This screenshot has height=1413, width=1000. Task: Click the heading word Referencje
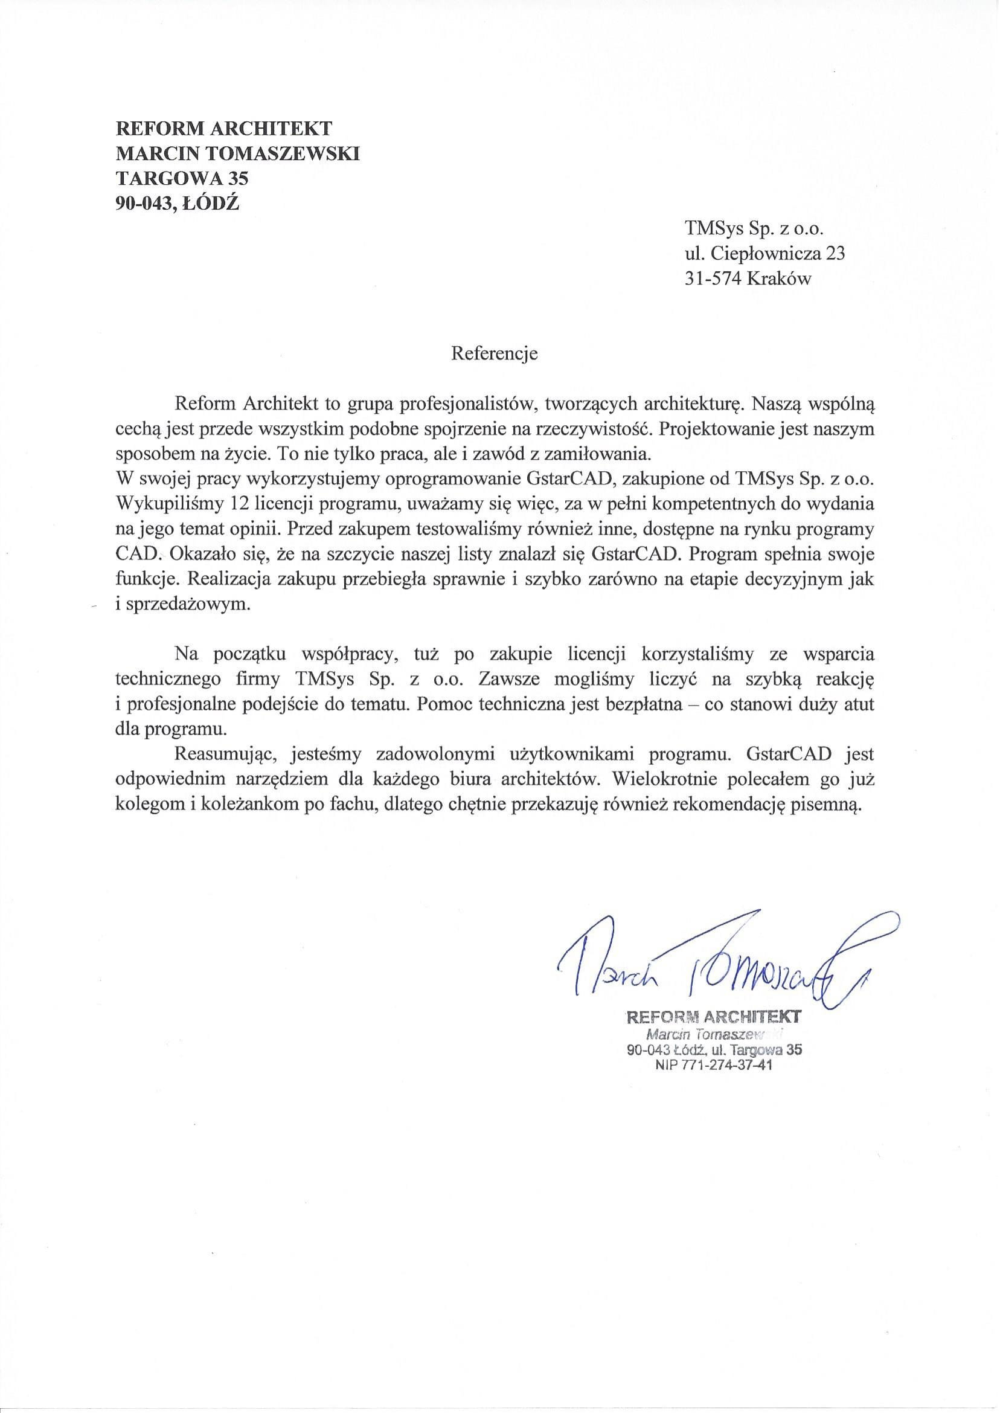[495, 354]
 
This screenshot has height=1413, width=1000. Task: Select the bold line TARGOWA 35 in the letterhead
[182, 178]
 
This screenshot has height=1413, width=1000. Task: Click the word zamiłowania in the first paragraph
[595, 454]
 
